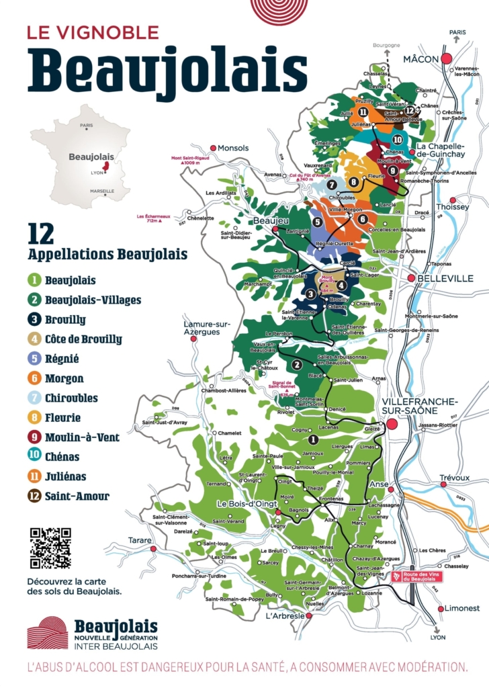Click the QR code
click(50, 548)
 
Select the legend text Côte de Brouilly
click(83, 339)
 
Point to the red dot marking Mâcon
click(447, 59)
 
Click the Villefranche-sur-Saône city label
click(420, 406)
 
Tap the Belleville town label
click(445, 278)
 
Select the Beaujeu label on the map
click(270, 220)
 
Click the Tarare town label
click(140, 540)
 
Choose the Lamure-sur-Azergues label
click(208, 328)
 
